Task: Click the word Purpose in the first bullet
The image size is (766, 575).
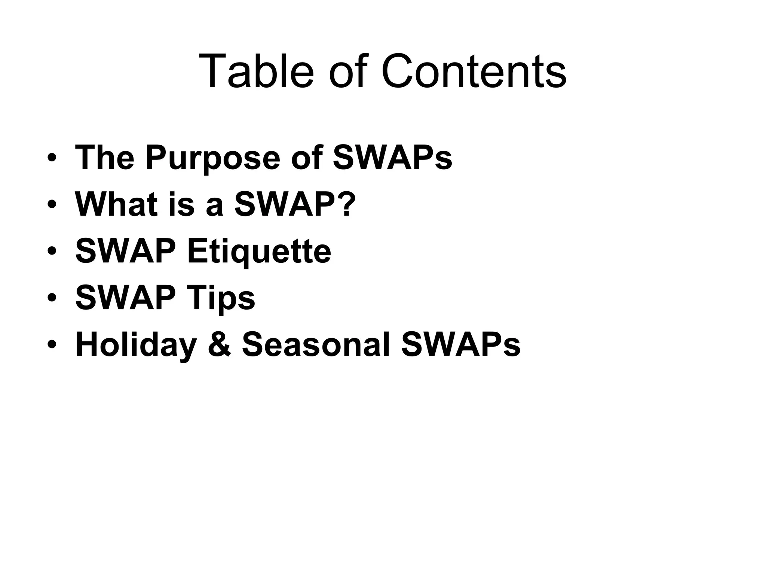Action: (x=213, y=158)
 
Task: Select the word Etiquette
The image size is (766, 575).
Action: (x=259, y=252)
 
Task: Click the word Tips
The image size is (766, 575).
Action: (x=221, y=299)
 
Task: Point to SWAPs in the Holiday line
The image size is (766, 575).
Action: (x=461, y=345)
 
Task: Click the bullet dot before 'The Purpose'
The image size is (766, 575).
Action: (x=52, y=158)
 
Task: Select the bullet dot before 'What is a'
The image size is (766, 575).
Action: (x=52, y=205)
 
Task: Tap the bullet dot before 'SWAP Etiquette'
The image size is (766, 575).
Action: (x=52, y=252)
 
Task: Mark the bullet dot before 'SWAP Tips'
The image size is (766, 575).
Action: (x=52, y=298)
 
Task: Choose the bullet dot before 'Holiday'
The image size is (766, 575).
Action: (x=52, y=345)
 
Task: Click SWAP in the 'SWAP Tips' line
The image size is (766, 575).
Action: (x=126, y=298)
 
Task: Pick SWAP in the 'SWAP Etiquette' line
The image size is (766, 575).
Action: (x=126, y=251)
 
